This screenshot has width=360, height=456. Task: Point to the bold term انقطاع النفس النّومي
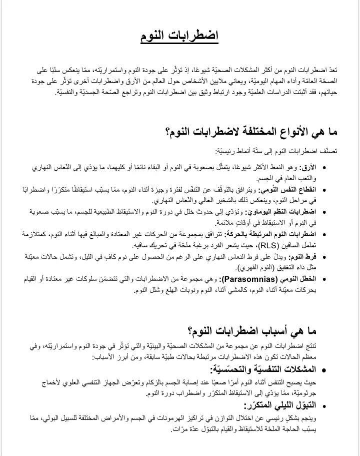click(x=290, y=190)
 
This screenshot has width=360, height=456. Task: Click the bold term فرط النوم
click(x=303, y=257)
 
